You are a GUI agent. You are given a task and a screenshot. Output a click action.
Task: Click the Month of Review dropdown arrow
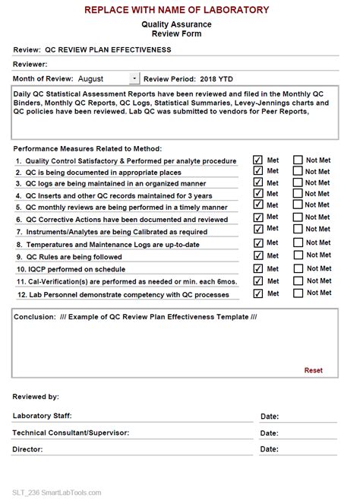pos(134,78)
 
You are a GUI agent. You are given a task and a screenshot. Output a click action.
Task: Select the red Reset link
pos(313,370)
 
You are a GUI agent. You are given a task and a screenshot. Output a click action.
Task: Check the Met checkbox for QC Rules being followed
pos(257,256)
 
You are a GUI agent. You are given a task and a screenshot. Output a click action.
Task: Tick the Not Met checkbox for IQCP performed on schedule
pos(298,268)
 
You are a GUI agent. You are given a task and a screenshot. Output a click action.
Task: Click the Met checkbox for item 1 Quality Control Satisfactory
pos(257,160)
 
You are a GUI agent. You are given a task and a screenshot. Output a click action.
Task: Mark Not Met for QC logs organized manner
pos(298,182)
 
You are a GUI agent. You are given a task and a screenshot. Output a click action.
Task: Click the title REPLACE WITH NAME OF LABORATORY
pos(176,10)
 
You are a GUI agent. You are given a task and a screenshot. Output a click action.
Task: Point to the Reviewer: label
pos(30,65)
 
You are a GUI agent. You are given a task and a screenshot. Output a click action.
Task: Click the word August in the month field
pos(90,78)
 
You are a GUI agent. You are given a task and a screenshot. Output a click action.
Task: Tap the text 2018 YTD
pos(217,78)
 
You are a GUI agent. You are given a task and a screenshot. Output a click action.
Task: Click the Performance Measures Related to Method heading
pos(87,148)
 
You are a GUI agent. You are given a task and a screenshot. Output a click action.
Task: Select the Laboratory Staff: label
pos(42,415)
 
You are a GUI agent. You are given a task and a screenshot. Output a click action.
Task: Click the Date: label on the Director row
pos(270,449)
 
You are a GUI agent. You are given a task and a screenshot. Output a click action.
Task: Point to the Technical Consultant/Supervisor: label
pos(71,432)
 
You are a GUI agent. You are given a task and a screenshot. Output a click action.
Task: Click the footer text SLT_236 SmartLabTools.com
pos(57,492)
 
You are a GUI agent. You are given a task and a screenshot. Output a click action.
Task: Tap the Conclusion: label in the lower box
pos(33,318)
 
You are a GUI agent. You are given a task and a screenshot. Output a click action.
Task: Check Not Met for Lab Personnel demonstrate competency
pos(298,293)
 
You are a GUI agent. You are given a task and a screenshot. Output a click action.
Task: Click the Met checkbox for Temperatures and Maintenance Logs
pos(257,243)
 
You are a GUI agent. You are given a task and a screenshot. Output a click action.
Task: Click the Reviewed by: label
pos(36,397)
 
